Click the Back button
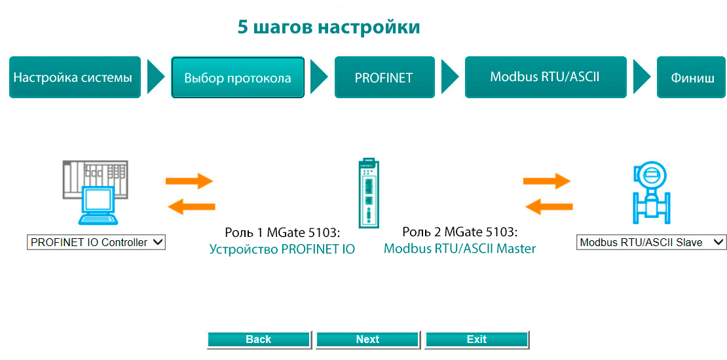click(x=259, y=339)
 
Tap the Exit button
click(x=477, y=339)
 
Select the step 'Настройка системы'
click(x=75, y=77)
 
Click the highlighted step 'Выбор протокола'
click(x=238, y=77)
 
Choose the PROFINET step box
click(x=384, y=77)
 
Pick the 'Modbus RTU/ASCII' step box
click(x=545, y=77)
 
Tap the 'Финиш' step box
click(x=692, y=77)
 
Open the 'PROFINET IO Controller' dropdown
click(x=96, y=242)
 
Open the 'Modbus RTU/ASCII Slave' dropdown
click(x=651, y=242)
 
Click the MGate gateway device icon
click(x=367, y=193)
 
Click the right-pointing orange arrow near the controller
click(x=189, y=181)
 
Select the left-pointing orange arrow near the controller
click(x=192, y=207)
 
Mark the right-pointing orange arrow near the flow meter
click(x=548, y=181)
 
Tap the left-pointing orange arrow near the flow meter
click(x=550, y=207)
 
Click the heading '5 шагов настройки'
click(x=328, y=27)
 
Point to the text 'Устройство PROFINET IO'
click(x=282, y=249)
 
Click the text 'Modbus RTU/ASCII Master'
click(x=460, y=249)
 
